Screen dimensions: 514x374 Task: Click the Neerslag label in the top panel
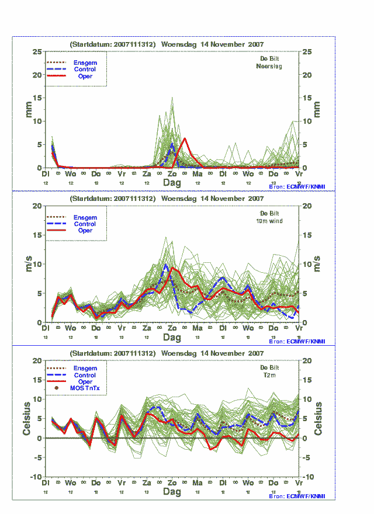pyautogui.click(x=269, y=67)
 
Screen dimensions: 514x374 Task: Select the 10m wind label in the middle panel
pyautogui.click(x=269, y=221)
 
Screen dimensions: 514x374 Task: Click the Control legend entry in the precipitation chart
pyautogui.click(x=85, y=70)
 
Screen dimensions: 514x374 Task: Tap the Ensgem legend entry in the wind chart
pyautogui.click(x=85, y=217)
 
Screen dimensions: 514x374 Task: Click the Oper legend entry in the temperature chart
pyautogui.click(x=85, y=381)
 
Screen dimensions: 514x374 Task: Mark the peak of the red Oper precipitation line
pyautogui.click(x=185, y=138)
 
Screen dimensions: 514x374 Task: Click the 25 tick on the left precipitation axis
pyautogui.click(x=37, y=51)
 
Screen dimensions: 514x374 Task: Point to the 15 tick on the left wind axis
pyautogui.click(x=37, y=235)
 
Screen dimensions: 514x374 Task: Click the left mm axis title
pyautogui.click(x=27, y=109)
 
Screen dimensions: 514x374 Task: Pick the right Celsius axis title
pyautogui.click(x=319, y=418)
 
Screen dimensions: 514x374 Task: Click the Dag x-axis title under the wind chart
pyautogui.click(x=172, y=338)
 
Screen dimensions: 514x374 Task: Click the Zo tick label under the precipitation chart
pyautogui.click(x=172, y=174)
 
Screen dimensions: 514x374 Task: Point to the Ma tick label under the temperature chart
pyautogui.click(x=198, y=484)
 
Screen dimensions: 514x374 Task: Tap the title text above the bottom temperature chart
pyautogui.click(x=167, y=353)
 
